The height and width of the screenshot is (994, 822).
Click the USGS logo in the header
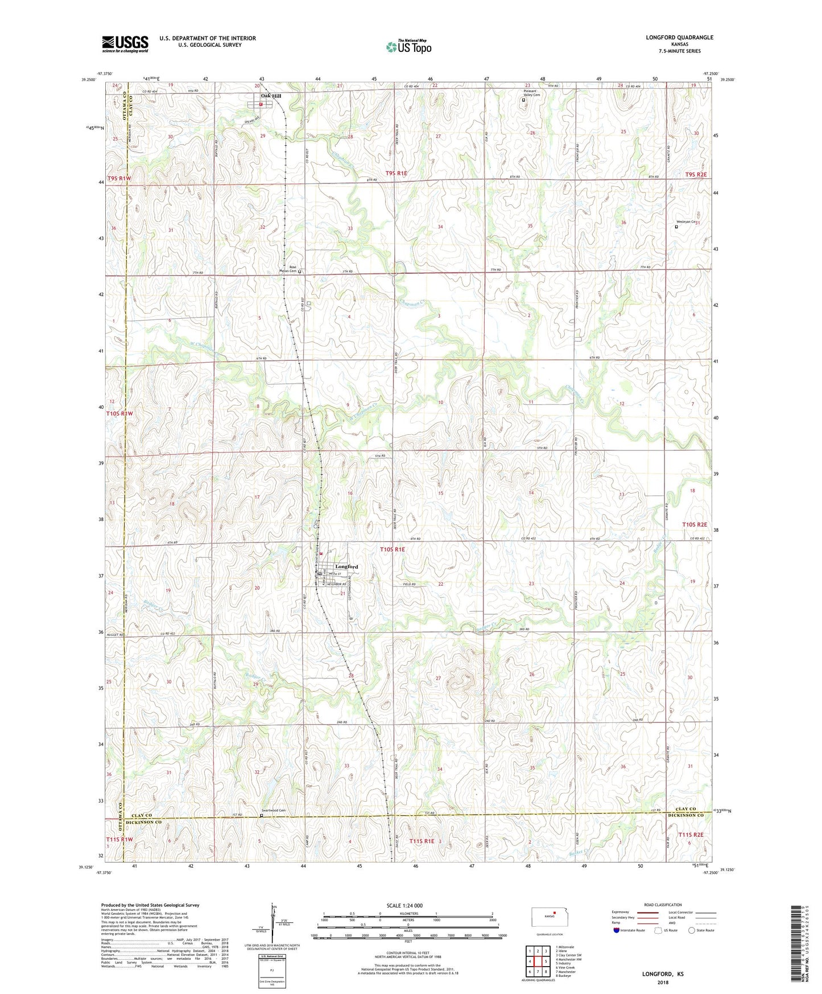125,44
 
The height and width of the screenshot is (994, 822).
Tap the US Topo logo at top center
408,47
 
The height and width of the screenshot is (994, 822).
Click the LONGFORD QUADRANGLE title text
679,38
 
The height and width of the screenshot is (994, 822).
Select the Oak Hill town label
271,96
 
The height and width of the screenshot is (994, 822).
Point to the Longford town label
346,567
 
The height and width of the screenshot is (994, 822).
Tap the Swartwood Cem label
273,811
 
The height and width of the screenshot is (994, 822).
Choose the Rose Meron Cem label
292,269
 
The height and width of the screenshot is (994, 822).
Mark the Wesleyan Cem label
686,222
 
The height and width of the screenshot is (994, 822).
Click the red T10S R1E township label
392,549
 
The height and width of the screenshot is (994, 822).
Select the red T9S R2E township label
696,175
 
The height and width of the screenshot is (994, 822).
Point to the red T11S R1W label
119,840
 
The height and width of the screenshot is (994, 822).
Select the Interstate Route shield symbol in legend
617,930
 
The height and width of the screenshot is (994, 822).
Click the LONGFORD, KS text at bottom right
663,974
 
